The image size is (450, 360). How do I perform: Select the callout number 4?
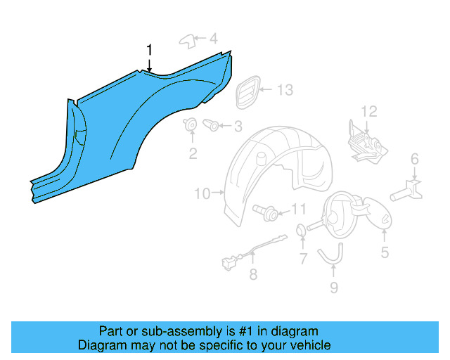(x=213, y=38)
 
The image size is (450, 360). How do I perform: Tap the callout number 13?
(x=284, y=90)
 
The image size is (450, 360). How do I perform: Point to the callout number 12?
(x=369, y=110)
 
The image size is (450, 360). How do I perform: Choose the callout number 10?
(x=202, y=193)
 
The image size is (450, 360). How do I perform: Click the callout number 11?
(x=299, y=209)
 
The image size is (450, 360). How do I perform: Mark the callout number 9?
(x=334, y=287)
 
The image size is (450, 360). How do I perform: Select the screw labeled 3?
(x=210, y=125)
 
